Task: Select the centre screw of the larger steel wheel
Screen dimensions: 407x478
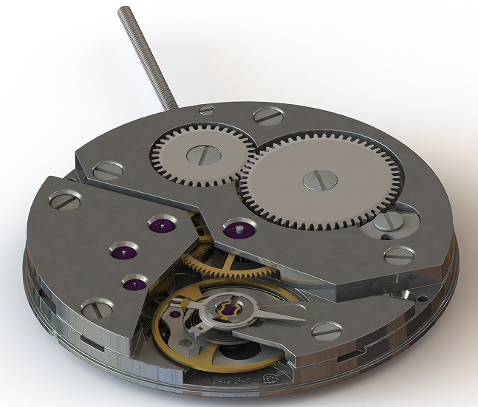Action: (x=323, y=179)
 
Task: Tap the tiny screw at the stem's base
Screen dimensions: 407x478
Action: (x=207, y=109)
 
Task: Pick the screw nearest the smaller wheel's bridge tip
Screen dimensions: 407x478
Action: (x=108, y=169)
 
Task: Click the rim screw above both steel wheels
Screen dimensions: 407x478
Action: (x=267, y=115)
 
